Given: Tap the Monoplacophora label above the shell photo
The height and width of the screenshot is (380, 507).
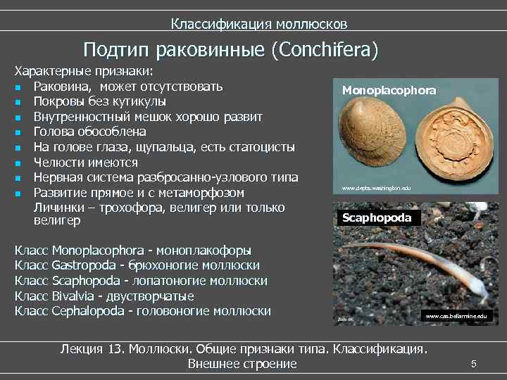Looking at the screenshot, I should (389, 90).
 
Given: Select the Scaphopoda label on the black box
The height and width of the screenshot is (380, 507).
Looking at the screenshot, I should (380, 218).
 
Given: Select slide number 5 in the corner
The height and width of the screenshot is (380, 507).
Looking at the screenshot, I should (473, 364).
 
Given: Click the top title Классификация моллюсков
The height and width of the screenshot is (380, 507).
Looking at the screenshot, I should (258, 25).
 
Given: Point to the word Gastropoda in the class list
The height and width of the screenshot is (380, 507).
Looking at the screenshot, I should (82, 265).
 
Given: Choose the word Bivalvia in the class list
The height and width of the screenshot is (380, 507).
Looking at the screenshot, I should (73, 296).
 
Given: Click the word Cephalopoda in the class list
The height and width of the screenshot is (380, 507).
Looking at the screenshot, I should (86, 311).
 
